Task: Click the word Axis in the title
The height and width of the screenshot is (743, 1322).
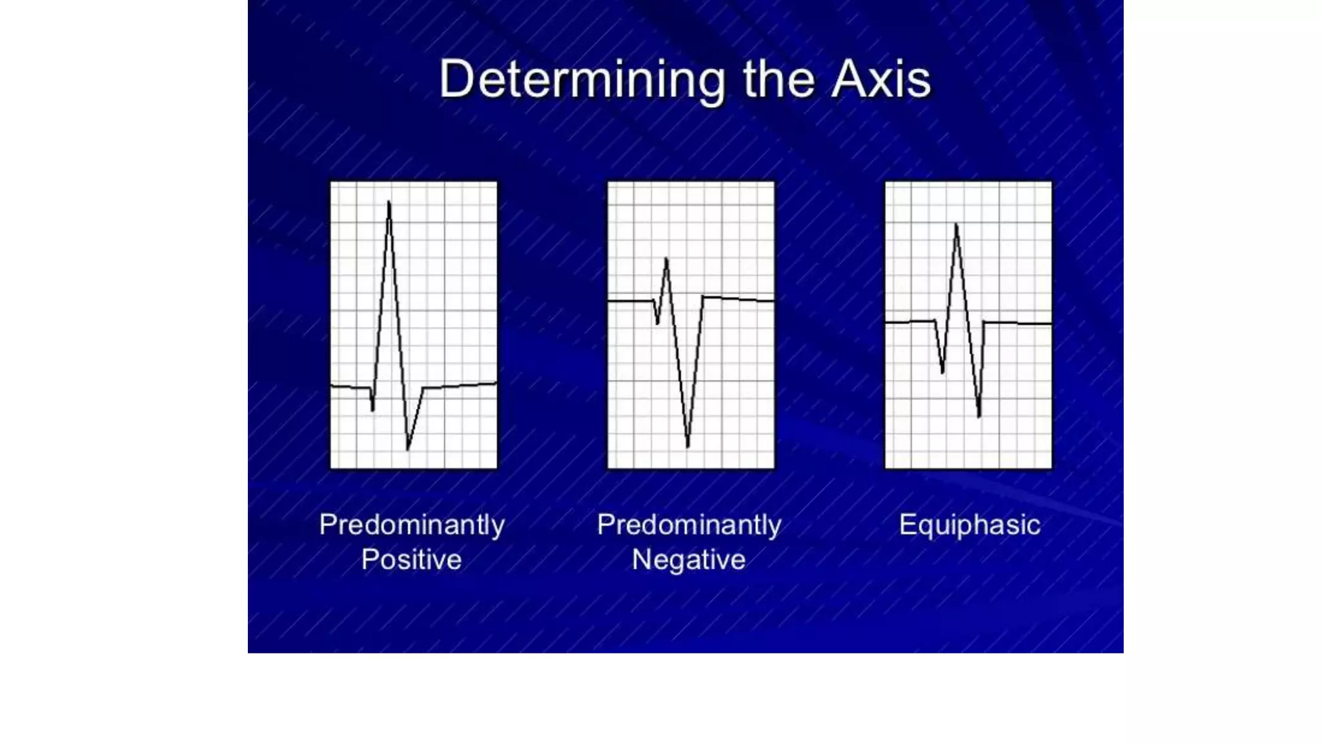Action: point(881,80)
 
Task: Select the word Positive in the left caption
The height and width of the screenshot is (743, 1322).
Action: point(411,559)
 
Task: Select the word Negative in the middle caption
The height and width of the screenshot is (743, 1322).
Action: point(688,559)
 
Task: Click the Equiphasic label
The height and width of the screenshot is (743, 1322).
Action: point(969,525)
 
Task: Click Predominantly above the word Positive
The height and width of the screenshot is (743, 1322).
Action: point(411,524)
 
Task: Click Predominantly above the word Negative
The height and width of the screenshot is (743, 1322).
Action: point(688,524)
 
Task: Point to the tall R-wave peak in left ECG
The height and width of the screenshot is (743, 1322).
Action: point(389,204)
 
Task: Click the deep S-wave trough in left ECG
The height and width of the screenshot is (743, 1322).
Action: point(408,448)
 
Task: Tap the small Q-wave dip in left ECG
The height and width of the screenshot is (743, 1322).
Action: point(372,408)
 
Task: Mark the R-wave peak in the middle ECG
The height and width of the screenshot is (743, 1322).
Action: point(666,260)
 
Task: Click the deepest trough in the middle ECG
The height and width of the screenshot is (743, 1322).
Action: point(687,445)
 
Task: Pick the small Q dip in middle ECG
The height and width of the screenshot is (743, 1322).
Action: point(657,322)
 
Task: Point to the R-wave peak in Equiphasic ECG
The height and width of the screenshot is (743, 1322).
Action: point(956,226)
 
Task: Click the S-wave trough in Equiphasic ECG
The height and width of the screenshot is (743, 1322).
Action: point(979,415)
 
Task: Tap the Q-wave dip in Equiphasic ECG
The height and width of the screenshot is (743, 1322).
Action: point(942,371)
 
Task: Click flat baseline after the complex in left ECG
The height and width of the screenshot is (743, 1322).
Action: point(462,386)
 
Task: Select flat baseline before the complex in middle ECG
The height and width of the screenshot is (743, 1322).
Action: point(629,301)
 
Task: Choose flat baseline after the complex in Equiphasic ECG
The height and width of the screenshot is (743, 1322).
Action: point(1020,323)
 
